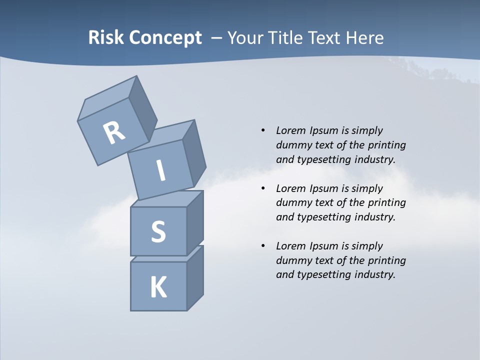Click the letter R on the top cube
(x=114, y=132)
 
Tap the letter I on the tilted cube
(x=161, y=171)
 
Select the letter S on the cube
(x=158, y=231)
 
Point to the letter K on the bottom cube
(x=158, y=287)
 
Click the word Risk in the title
(x=106, y=37)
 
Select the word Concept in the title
(x=166, y=38)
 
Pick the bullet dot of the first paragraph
(x=263, y=130)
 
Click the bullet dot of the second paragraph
(x=263, y=188)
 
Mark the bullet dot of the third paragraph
(x=263, y=246)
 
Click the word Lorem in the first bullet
(x=290, y=130)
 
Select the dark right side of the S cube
(x=195, y=223)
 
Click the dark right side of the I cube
(x=194, y=152)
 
